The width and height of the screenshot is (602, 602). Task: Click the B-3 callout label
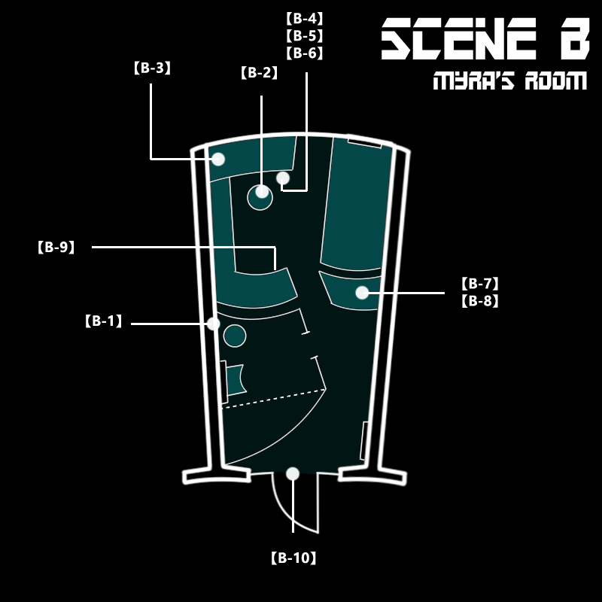pos(152,68)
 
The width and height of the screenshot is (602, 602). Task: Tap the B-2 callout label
pos(260,73)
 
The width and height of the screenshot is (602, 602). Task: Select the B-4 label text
pos(305,17)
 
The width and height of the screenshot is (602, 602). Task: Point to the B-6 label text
pos(305,53)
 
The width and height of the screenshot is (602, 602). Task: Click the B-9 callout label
pos(56,247)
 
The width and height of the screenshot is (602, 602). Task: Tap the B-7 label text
pos(479,284)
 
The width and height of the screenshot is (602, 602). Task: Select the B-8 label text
pos(479,302)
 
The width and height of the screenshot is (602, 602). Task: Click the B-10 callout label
pos(293,558)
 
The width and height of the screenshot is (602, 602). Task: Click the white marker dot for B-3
pos(218,159)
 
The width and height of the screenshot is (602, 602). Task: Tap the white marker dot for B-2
pos(262,191)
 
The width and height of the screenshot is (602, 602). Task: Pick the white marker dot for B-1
pos(213,324)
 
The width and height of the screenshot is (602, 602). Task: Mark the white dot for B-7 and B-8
pos(362,293)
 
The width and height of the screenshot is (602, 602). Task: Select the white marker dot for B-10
pos(293,473)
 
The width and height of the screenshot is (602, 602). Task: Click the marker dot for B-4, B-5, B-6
pos(283,178)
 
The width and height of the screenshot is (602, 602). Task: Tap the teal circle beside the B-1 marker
pos(235,336)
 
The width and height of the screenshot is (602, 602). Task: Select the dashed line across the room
pos(275,398)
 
